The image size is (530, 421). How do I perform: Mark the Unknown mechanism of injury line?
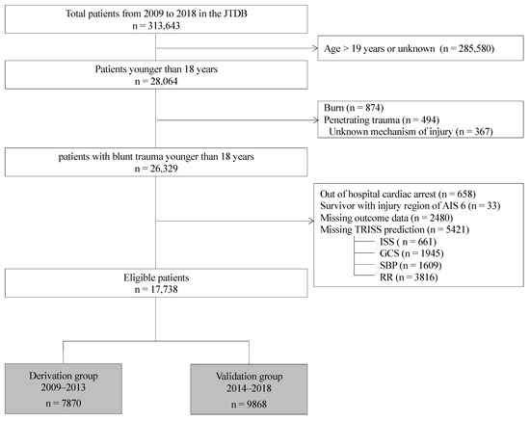(x=411, y=132)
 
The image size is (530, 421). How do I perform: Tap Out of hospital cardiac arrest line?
(x=404, y=194)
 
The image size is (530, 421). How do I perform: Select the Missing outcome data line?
(x=391, y=218)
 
